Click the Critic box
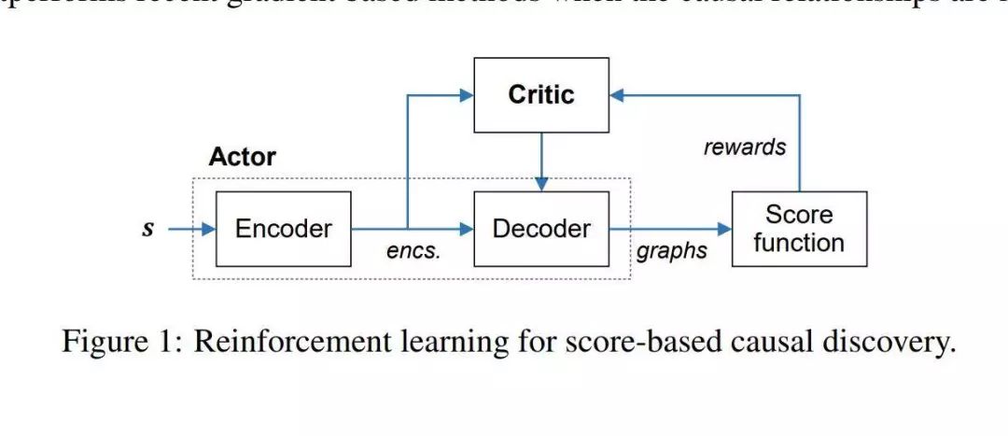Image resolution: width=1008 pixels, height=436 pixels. pos(541,94)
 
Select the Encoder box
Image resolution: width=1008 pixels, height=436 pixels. pos(283,229)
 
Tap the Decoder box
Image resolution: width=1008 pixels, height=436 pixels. pos(541,229)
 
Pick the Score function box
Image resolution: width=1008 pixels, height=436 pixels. pos(799,229)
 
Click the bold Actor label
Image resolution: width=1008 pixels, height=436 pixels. pos(242,156)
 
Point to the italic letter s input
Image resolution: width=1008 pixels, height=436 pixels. pos(147,228)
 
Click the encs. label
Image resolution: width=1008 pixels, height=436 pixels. pos(413,251)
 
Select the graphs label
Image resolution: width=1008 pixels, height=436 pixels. pos(671,251)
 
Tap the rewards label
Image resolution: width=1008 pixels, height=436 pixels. pos(744,147)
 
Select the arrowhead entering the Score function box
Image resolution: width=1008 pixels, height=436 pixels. pos(724,228)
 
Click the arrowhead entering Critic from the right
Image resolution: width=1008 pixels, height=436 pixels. pos(617,94)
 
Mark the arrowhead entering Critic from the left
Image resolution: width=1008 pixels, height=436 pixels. pos(466,94)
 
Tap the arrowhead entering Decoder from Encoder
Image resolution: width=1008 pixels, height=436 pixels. pos(466,228)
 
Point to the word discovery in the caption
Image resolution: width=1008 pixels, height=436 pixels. pos(888,342)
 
